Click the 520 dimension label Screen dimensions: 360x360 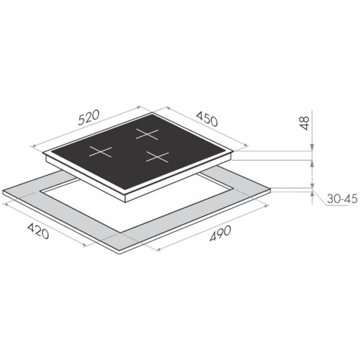click(89, 117)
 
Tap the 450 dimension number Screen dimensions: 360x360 click(207, 119)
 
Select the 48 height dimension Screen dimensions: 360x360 click(305, 123)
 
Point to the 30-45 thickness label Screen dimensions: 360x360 click(342, 199)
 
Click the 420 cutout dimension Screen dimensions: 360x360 click(38, 231)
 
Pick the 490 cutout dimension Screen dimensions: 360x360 click(220, 233)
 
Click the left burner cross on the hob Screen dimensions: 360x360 click(101, 152)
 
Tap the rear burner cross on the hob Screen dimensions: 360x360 click(147, 134)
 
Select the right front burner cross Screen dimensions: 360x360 click(158, 157)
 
